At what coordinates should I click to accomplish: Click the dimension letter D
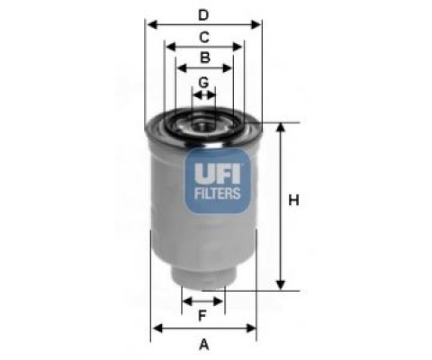coord(203,15)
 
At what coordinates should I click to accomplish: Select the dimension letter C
coord(204,38)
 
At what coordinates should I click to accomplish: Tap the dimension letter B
coord(205,58)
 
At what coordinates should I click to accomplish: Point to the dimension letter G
coord(203,82)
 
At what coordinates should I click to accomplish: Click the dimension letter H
coord(293,200)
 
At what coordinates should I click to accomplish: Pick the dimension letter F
coord(202,315)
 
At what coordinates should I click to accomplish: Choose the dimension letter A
coord(204,345)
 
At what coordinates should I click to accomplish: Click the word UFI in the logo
coord(217,174)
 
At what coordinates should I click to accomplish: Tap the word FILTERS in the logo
coord(217,193)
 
